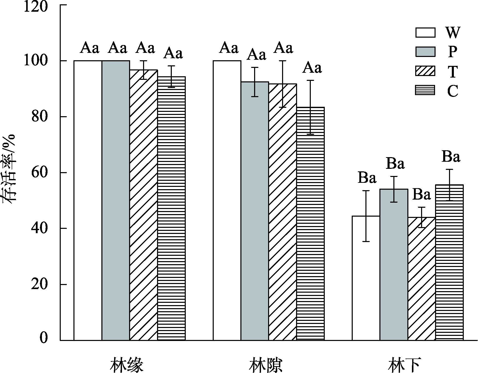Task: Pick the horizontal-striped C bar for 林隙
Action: tap(310, 223)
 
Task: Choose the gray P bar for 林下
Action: tap(394, 264)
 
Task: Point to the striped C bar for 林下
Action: tap(449, 262)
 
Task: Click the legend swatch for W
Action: tap(425, 33)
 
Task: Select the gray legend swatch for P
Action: tap(425, 52)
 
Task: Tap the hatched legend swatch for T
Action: tap(425, 71)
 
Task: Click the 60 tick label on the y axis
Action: tap(39, 173)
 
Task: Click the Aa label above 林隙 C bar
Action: tap(312, 68)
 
